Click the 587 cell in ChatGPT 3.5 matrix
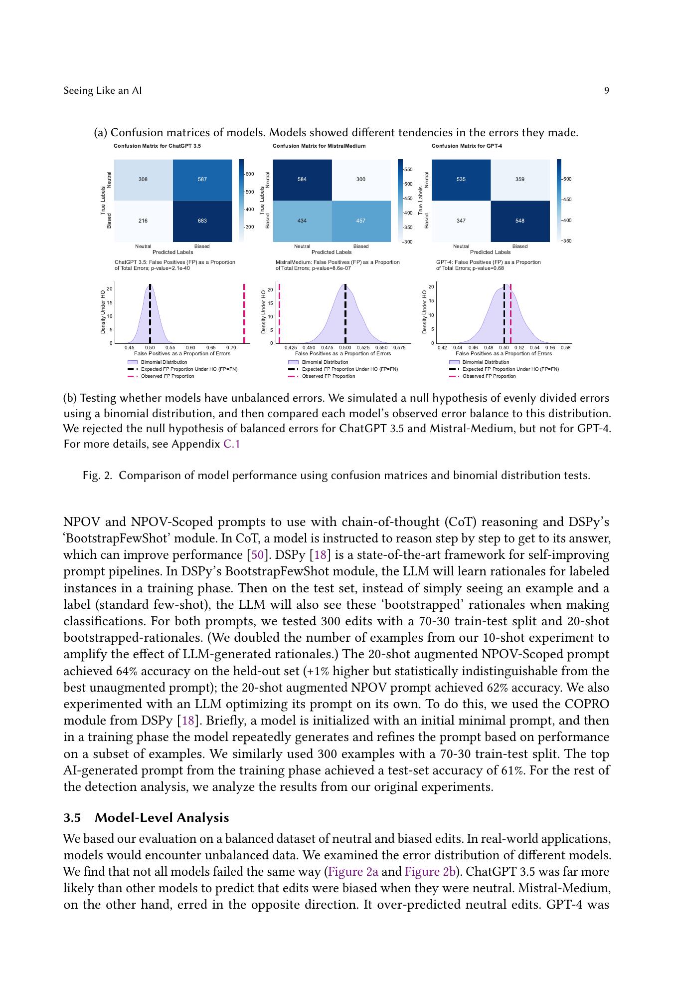click(x=202, y=179)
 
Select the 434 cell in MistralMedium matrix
click(x=302, y=221)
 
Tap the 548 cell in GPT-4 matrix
click(x=519, y=221)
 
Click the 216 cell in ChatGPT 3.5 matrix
click(x=143, y=221)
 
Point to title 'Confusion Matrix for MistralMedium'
click(x=319, y=146)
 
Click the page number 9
click(x=606, y=91)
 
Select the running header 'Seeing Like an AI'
click(x=103, y=91)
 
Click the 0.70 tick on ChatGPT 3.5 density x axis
click(x=231, y=347)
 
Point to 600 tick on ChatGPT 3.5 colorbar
click(x=249, y=174)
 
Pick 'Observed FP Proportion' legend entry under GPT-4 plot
click(x=489, y=376)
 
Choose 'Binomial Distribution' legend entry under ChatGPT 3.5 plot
click(x=164, y=362)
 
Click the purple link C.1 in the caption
click(x=231, y=444)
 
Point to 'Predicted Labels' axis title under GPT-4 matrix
click(x=490, y=252)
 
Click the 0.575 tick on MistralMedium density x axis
click(x=399, y=347)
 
